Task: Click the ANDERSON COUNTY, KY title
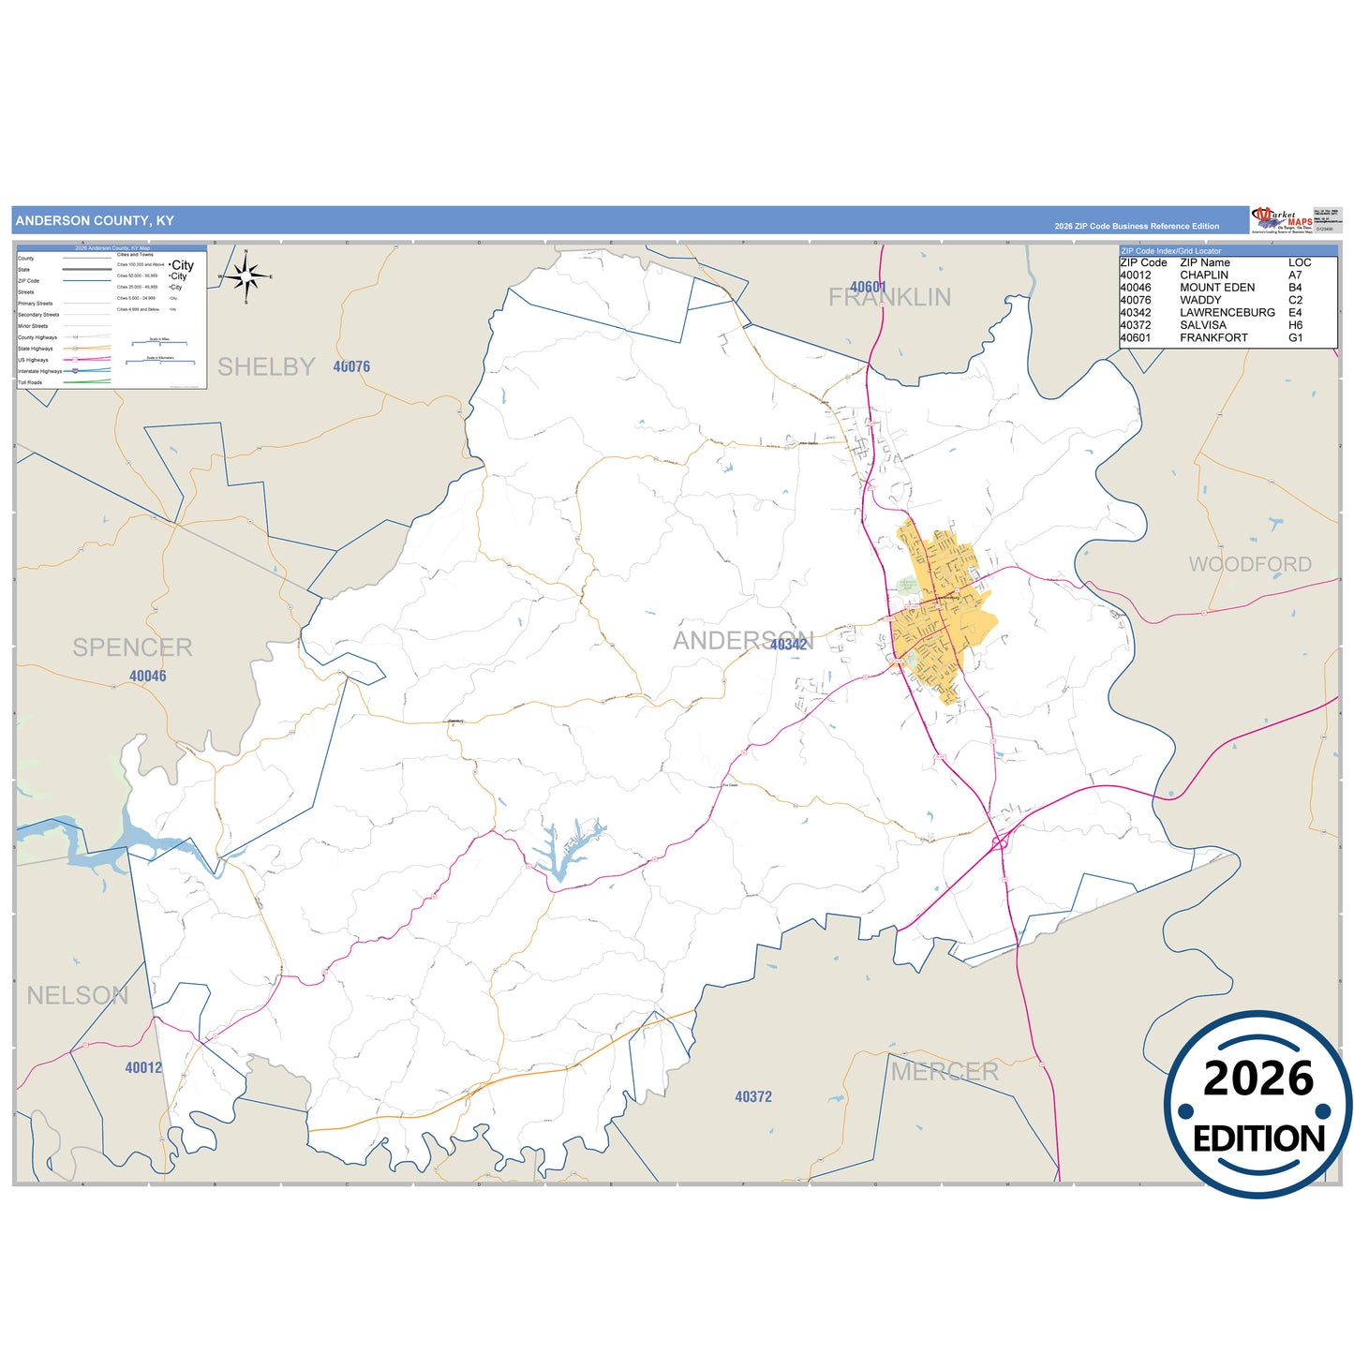point(95,221)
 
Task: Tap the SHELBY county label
point(266,367)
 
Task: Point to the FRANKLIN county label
point(889,298)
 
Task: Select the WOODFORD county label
point(1250,564)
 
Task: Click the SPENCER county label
point(132,647)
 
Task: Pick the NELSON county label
point(77,995)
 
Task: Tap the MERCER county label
point(945,1072)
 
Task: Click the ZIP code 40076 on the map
point(351,367)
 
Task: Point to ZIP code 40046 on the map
point(147,677)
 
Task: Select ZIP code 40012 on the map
point(143,1067)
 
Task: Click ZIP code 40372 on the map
point(753,1096)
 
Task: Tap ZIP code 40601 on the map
point(868,287)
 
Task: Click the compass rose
point(246,277)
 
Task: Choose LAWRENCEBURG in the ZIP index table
point(1227,313)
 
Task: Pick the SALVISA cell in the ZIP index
point(1202,325)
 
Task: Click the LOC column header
point(1300,263)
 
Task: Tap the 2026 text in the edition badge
point(1258,1079)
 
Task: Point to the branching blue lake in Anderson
point(567,847)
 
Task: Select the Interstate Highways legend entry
point(39,372)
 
